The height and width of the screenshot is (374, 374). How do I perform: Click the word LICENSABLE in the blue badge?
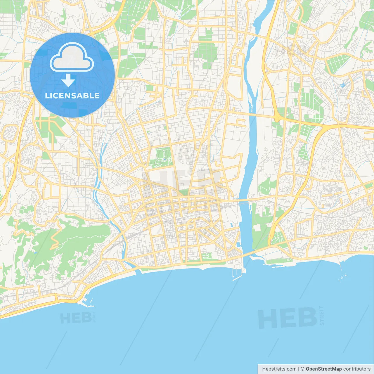[x=72, y=96]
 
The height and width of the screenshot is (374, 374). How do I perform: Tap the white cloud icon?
[x=72, y=58]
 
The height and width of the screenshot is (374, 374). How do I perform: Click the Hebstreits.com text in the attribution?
[x=279, y=369]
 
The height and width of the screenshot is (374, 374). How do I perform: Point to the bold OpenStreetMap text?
[x=323, y=369]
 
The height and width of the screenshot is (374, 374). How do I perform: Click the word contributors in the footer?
[x=357, y=369]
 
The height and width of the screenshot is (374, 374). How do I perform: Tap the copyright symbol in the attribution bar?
[x=302, y=369]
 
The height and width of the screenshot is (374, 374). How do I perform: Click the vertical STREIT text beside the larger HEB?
[x=322, y=316]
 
